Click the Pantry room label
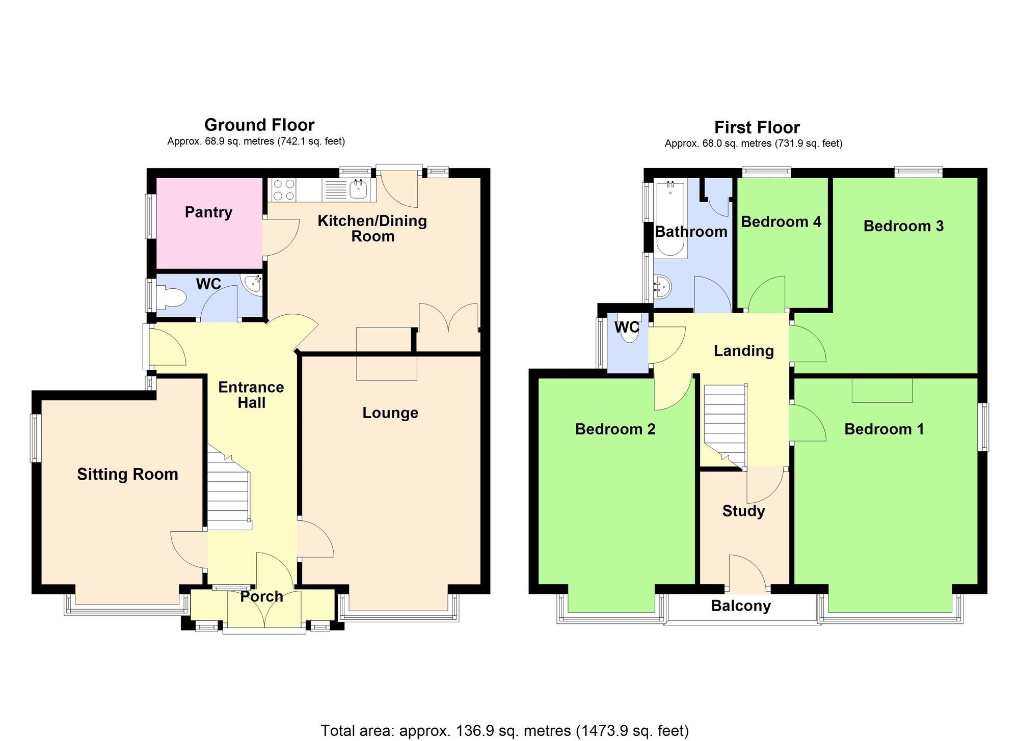click(208, 212)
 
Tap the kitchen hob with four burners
click(284, 189)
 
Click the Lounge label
click(390, 413)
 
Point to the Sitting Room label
click(127, 474)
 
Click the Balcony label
click(741, 606)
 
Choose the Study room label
click(743, 511)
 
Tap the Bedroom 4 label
click(781, 222)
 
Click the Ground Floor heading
click(259, 125)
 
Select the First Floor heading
click(757, 127)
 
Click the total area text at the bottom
click(504, 731)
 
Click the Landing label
click(743, 350)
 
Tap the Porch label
click(261, 596)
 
